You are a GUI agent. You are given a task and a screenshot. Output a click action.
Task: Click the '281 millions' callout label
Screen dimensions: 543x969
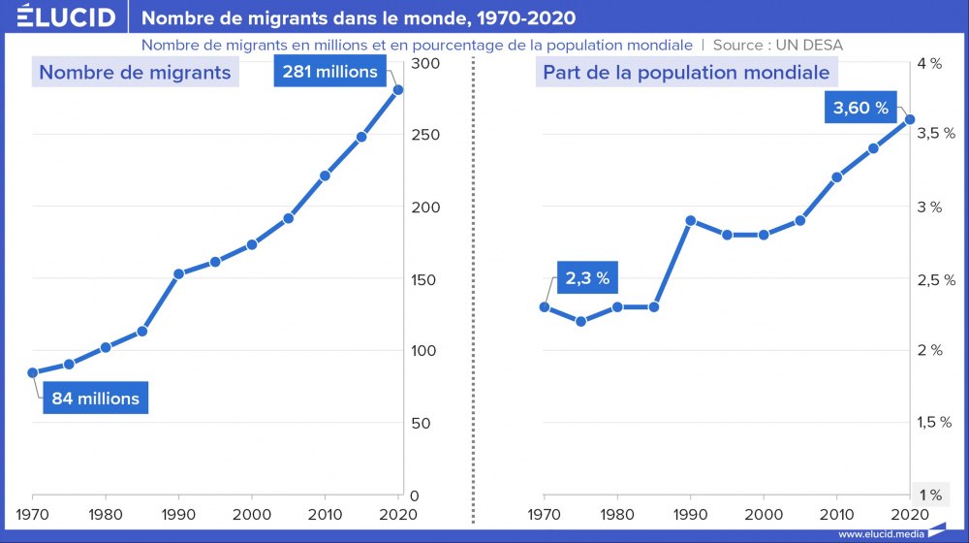point(330,72)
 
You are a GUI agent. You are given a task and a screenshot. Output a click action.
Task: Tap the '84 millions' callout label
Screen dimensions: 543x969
point(95,399)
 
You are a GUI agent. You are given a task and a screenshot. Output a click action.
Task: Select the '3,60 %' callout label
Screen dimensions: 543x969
point(860,108)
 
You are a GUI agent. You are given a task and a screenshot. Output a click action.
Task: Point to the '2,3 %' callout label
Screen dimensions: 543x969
point(587,278)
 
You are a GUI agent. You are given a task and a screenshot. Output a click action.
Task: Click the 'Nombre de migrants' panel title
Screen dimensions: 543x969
point(135,73)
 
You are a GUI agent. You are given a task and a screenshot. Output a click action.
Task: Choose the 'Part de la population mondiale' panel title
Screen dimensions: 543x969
point(686,73)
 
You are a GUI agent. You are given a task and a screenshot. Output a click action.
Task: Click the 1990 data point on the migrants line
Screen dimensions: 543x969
point(178,273)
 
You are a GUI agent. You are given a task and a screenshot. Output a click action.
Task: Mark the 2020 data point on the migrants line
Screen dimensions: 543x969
point(398,90)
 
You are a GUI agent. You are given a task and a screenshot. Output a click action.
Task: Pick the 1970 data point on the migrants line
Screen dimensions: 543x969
point(33,372)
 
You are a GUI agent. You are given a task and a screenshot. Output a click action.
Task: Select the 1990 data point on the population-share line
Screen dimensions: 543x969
point(690,220)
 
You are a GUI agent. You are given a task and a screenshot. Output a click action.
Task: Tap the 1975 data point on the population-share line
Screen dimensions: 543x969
point(580,321)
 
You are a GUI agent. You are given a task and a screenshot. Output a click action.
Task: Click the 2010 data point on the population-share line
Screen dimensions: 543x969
point(836,177)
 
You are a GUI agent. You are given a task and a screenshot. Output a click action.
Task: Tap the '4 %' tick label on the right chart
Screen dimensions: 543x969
point(928,64)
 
